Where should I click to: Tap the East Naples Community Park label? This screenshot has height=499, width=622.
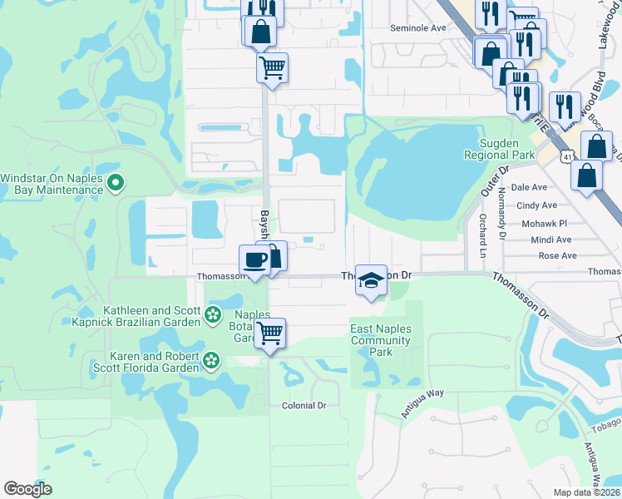(x=381, y=340)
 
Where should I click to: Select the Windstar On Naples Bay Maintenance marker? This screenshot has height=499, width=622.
(x=116, y=182)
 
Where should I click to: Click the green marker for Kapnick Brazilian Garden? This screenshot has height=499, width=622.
(x=213, y=315)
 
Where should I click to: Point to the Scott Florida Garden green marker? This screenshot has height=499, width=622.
(x=213, y=361)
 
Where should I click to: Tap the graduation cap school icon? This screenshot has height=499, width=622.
(x=371, y=281)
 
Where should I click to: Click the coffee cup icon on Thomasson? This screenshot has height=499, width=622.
(x=255, y=260)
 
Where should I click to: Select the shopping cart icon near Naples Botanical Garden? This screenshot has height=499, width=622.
(x=269, y=333)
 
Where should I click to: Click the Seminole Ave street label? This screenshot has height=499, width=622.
(x=418, y=27)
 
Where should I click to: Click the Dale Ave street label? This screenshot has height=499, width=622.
(x=530, y=188)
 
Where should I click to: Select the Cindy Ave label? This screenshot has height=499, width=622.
(x=536, y=205)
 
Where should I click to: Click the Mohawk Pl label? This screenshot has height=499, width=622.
(x=543, y=223)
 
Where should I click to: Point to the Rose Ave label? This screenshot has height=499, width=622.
(x=555, y=256)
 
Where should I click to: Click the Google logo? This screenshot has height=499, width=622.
(x=27, y=489)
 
